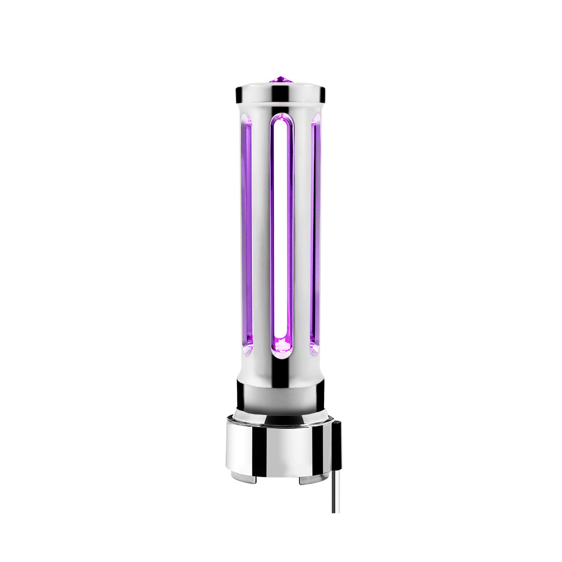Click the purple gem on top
pos(281,80)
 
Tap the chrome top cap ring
pos(280,94)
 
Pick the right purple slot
pos(315,234)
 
